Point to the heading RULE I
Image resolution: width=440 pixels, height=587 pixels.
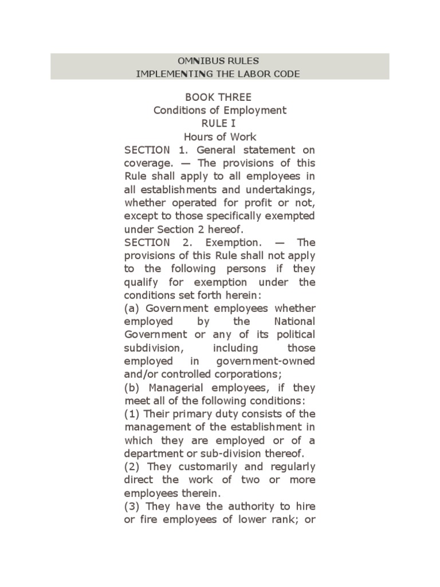click(219, 123)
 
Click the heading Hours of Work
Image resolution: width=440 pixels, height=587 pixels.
click(219, 136)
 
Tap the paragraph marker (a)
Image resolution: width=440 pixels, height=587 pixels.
click(132, 308)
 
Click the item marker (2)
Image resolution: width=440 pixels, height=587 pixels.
click(132, 467)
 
